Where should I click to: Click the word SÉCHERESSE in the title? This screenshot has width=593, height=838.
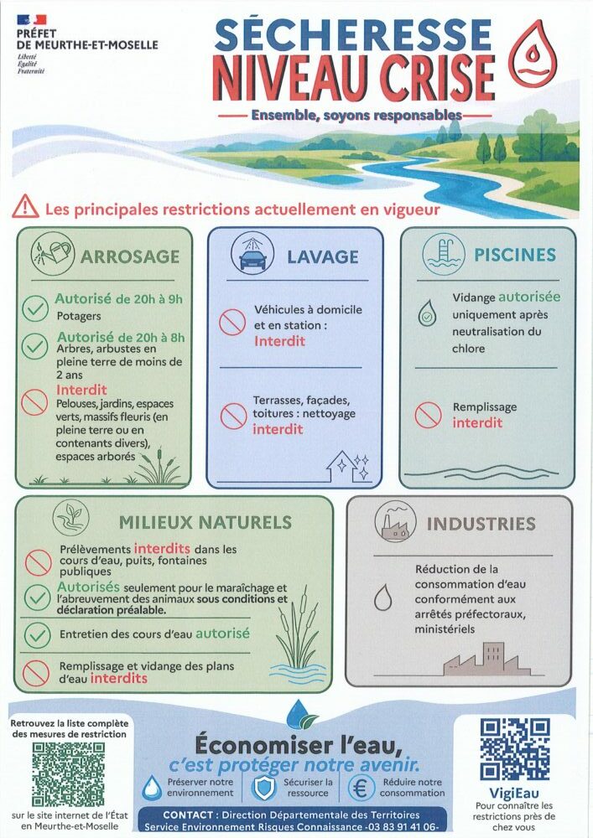(x=352, y=35)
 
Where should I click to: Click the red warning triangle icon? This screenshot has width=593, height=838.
(x=26, y=207)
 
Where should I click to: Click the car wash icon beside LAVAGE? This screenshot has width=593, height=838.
(x=252, y=253)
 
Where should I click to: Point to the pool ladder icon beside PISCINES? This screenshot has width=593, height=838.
(x=443, y=253)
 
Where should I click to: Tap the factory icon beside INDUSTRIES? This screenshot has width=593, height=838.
(x=396, y=522)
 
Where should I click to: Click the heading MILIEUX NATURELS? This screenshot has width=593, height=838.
(x=205, y=522)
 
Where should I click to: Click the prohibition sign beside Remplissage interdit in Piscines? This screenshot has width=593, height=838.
(x=428, y=415)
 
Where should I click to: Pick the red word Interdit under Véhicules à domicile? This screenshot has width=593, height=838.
(x=279, y=341)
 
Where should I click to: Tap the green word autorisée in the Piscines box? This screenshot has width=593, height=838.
(x=529, y=297)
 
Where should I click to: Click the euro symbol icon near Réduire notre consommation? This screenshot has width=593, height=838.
(x=361, y=788)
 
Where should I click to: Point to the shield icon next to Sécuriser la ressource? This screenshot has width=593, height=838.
(x=263, y=788)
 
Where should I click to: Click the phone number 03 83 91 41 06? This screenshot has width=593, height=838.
(x=403, y=826)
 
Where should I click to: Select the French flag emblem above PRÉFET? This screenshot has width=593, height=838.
(x=32, y=20)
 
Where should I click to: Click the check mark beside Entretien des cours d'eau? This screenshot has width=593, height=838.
(x=36, y=635)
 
